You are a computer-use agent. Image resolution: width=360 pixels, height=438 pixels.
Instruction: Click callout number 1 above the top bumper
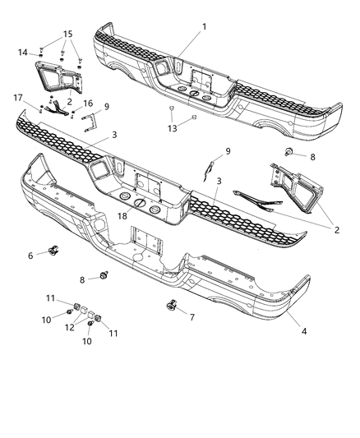click(x=205, y=27)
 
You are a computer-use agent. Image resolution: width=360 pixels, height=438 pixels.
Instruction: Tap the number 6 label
click(x=31, y=256)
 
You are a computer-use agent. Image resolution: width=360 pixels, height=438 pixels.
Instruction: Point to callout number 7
click(x=192, y=316)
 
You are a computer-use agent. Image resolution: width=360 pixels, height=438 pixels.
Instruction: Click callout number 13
click(x=171, y=128)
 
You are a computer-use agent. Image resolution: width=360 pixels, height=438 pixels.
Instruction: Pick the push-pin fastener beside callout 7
click(x=172, y=307)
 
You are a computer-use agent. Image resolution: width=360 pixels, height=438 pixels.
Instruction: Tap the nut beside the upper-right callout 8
click(x=289, y=151)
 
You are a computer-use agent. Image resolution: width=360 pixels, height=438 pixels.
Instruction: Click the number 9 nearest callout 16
click(x=107, y=106)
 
